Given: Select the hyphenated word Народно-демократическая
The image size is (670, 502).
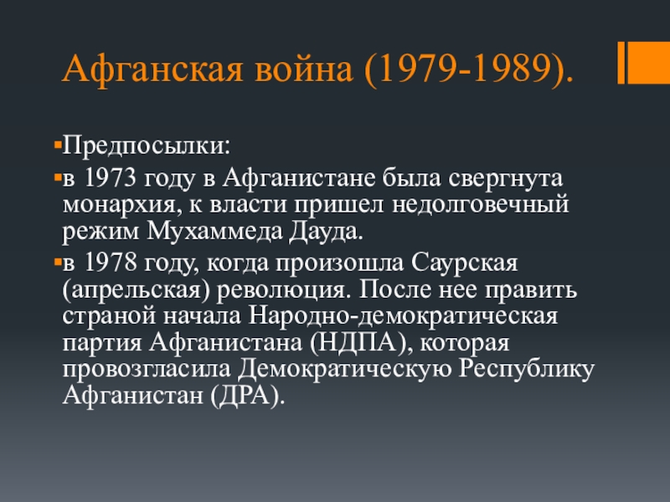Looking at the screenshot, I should tap(402, 318).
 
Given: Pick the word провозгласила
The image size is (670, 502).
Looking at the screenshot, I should tap(148, 370).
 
